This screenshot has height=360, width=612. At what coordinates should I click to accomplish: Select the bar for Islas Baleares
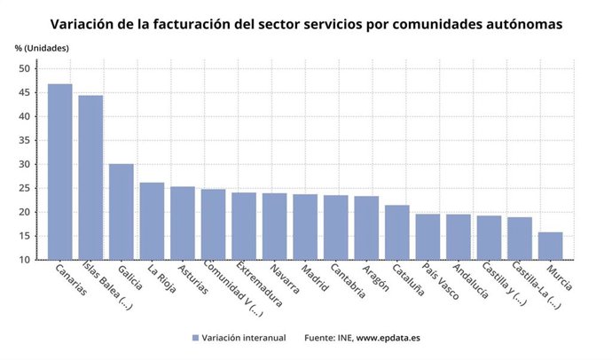(x=90, y=177)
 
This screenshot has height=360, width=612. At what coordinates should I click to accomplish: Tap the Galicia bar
(x=122, y=211)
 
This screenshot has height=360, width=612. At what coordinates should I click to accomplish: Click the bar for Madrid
(x=305, y=226)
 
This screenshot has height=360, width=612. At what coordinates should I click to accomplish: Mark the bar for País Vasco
(x=428, y=236)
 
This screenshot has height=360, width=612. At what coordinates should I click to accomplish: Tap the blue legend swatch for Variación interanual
(x=196, y=337)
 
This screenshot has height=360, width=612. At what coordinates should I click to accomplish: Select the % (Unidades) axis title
(x=42, y=46)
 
